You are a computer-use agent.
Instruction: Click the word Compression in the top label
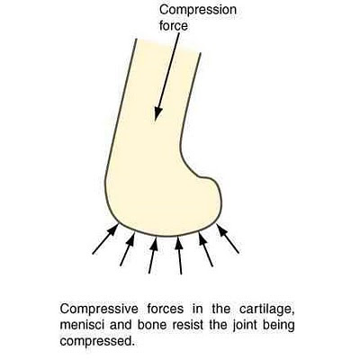(x=198, y=10)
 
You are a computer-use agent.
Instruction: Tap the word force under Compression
(x=174, y=25)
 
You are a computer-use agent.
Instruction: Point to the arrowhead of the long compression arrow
(x=157, y=114)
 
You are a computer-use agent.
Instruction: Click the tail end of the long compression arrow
(x=179, y=33)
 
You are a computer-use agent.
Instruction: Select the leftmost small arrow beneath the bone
(x=105, y=239)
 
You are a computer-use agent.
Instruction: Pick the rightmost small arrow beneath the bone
(x=228, y=238)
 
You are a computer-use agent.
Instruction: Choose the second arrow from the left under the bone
(x=128, y=249)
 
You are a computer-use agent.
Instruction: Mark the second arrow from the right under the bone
(x=206, y=249)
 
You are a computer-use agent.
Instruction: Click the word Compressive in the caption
(x=99, y=310)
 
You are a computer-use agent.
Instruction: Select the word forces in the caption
(x=166, y=309)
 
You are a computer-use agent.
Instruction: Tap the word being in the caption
(x=279, y=326)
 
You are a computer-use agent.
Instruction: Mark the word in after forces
(x=197, y=309)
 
